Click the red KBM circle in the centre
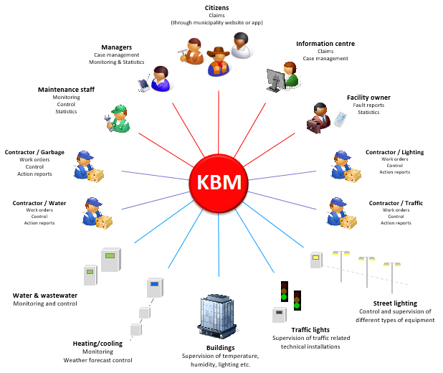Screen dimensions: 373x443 coord(219,184)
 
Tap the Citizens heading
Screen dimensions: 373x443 coord(217,8)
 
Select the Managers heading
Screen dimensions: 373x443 coord(116,47)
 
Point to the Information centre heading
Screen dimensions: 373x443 coord(325,44)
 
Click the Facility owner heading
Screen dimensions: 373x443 coord(368,97)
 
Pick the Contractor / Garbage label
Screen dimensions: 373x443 coord(34,152)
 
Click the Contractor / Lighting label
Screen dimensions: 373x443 coord(394,152)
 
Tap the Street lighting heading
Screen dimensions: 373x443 coord(396,303)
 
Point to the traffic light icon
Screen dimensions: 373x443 coord(285,290)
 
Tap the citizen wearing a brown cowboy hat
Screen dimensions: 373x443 coord(218,60)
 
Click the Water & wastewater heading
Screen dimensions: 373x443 coord(45,295)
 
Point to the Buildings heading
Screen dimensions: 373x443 coord(220,347)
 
